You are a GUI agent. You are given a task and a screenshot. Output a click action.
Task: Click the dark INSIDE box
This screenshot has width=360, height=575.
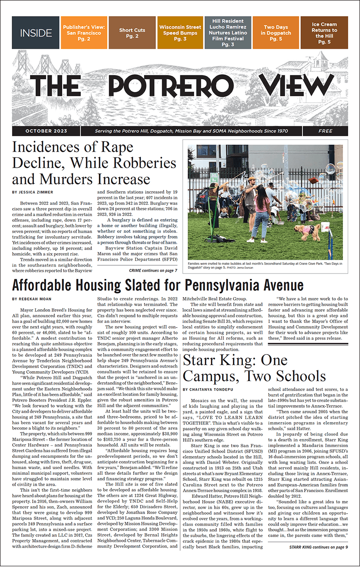coord(36,33)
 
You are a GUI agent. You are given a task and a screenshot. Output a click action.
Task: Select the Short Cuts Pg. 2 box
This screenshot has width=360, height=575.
coord(132,33)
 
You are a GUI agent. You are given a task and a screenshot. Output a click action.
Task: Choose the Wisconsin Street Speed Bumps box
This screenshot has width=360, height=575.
coord(180,33)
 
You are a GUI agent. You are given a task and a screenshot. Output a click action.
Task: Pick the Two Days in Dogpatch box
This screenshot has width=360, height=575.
coord(276,33)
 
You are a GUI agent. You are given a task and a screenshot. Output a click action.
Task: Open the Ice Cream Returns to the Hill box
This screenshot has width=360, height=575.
coord(324,33)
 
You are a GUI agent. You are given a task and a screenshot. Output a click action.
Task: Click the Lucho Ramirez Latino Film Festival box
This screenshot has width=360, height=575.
coord(228,33)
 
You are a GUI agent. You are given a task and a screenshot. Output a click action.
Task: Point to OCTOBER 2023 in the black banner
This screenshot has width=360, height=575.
coord(46,131)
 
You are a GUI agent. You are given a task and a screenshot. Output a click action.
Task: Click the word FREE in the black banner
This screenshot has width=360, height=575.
coord(325,131)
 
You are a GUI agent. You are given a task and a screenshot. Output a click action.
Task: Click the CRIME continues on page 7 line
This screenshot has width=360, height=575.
coord(153,271)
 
